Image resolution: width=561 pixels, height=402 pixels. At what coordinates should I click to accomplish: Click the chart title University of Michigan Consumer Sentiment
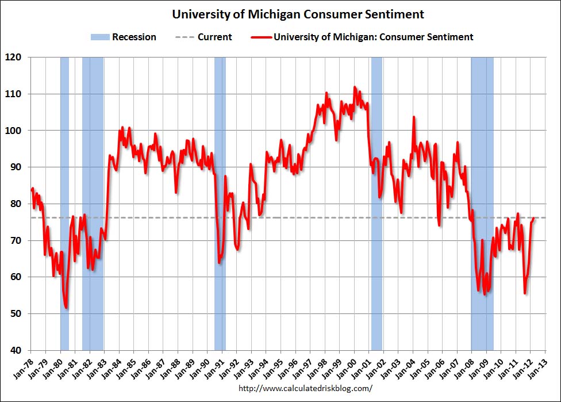(x=298, y=14)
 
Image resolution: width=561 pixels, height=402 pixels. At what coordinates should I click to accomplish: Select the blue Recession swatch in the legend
(x=99, y=37)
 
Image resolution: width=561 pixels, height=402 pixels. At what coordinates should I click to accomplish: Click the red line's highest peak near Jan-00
(x=354, y=87)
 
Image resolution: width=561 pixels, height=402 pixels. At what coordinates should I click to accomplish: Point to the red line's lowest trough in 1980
(x=66, y=308)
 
